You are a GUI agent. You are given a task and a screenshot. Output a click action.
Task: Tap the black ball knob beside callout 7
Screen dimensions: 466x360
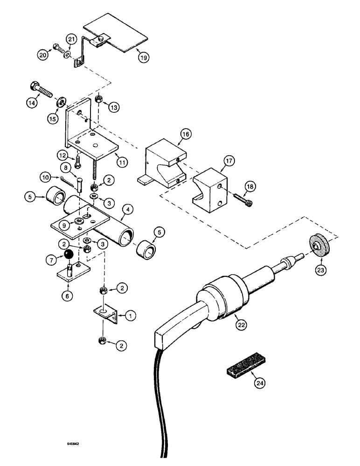tap(69, 254)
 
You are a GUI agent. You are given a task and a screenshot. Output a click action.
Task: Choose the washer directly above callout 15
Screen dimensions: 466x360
tap(62, 102)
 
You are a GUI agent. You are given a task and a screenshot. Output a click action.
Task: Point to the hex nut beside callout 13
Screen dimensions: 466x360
tap(99, 99)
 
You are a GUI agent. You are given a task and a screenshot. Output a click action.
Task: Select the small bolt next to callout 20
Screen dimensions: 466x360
tap(56, 47)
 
